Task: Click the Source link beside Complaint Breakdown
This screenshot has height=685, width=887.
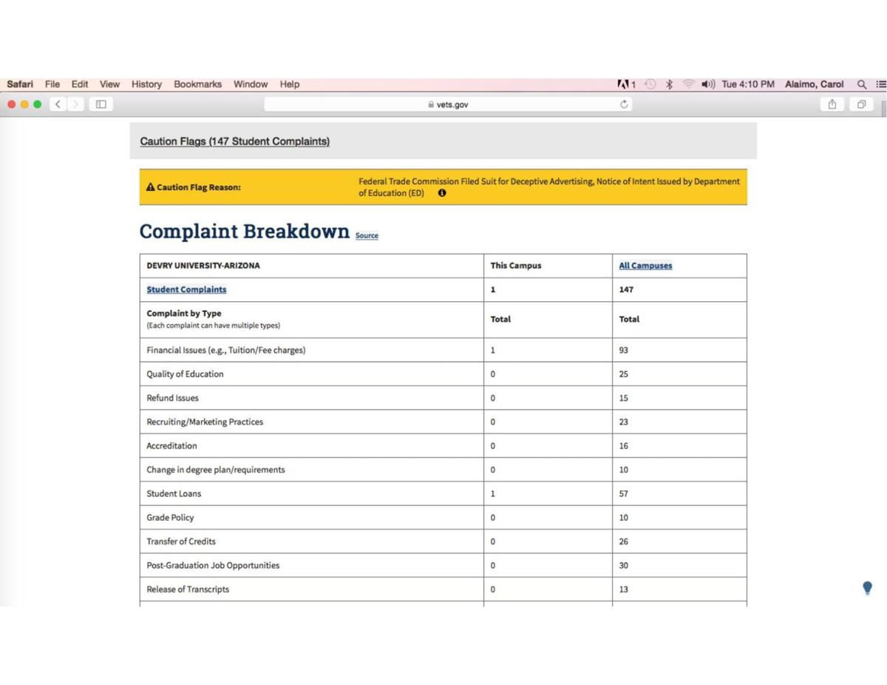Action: [367, 236]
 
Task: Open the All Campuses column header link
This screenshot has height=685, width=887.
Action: [645, 266]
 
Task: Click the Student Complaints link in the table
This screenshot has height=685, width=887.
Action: [186, 289]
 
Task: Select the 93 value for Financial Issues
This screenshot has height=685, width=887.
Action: [624, 350]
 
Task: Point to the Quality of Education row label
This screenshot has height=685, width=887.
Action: [185, 374]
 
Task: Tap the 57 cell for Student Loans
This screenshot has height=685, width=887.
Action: [624, 493]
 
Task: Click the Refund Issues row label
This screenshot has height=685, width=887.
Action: [172, 398]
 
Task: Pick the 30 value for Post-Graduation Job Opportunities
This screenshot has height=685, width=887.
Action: [624, 565]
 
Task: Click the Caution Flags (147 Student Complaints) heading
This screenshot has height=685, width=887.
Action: [234, 141]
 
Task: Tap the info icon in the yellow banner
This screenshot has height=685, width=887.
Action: [442, 193]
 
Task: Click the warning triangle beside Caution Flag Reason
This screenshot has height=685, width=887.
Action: [150, 187]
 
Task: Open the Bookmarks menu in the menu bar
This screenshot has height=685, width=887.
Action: [197, 84]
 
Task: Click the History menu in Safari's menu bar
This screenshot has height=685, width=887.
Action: [146, 84]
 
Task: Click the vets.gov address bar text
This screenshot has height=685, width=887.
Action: [452, 105]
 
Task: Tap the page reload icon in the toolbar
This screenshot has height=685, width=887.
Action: [625, 105]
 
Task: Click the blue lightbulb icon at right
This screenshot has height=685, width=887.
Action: [867, 589]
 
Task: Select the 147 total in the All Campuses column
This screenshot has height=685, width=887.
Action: [626, 289]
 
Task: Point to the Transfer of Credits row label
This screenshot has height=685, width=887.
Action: [181, 541]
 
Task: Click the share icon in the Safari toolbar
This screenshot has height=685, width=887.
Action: [832, 105]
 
